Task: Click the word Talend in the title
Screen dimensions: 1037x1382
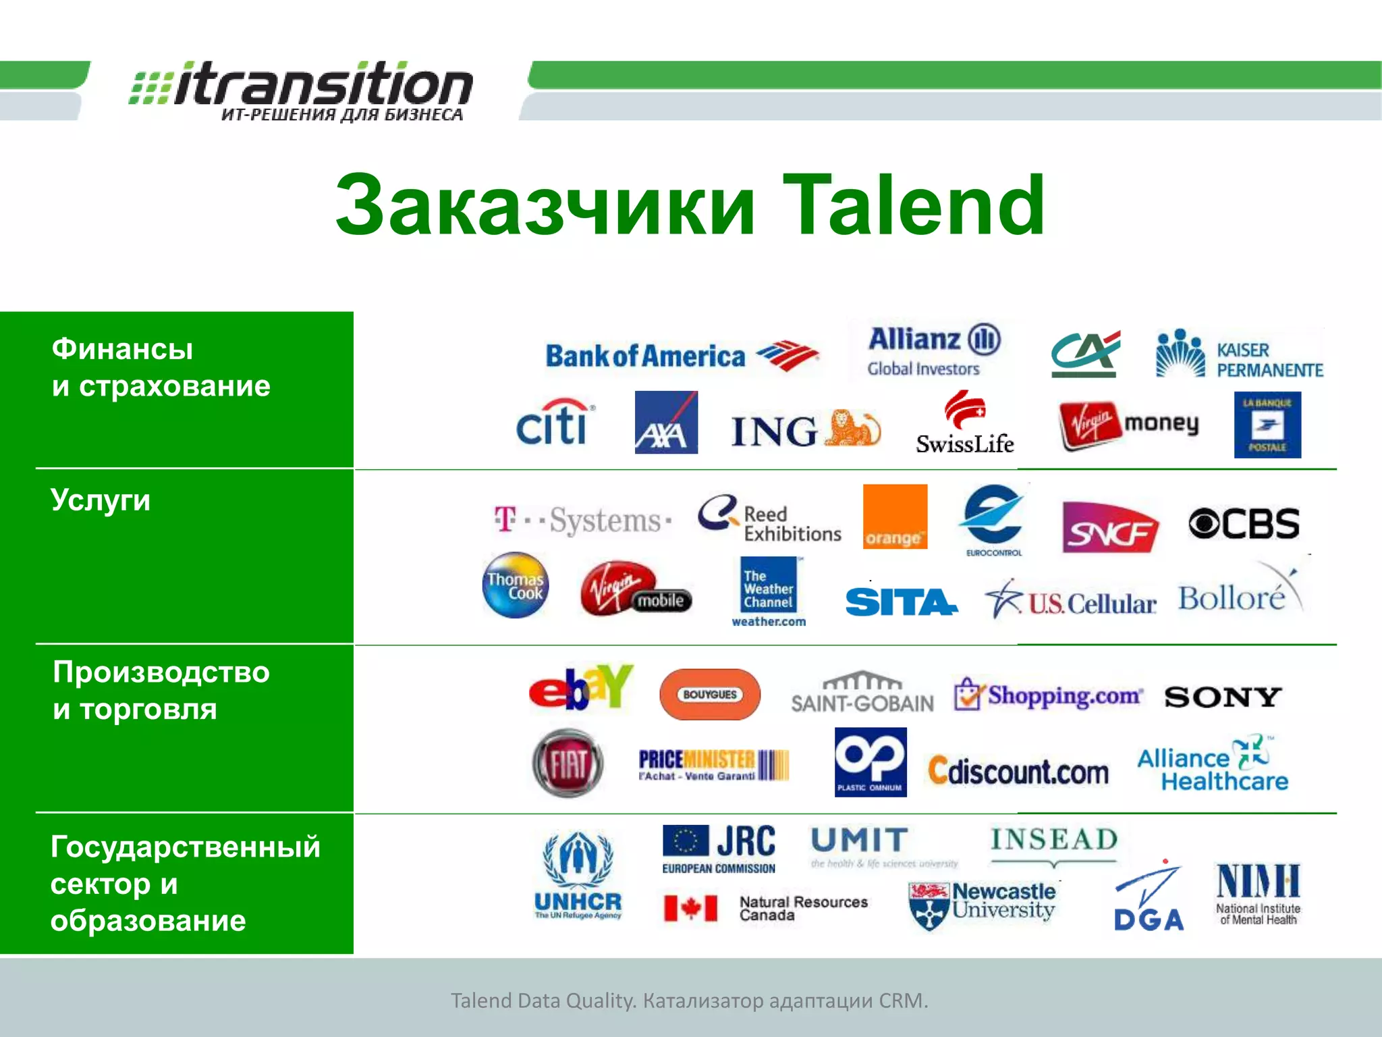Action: coord(913,205)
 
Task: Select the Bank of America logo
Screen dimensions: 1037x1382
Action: coord(682,356)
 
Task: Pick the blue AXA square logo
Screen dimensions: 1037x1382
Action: coord(666,423)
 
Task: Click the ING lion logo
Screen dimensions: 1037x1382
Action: coord(806,430)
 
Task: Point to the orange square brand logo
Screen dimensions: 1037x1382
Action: coord(895,516)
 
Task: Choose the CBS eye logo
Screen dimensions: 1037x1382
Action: coord(1243,524)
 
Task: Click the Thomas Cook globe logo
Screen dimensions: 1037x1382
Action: coord(516,585)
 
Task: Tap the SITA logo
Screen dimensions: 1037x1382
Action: coord(900,602)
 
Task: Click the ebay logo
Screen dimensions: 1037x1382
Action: coord(581,687)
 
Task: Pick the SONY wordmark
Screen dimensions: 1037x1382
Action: coord(1223,697)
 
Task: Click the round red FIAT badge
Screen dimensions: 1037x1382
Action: coord(568,764)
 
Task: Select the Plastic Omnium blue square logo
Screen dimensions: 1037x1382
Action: coord(870,762)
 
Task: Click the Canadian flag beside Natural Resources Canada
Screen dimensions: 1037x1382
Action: coord(690,908)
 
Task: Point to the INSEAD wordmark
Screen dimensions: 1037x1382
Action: coord(1054,840)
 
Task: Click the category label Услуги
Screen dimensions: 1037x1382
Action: coord(101,500)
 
